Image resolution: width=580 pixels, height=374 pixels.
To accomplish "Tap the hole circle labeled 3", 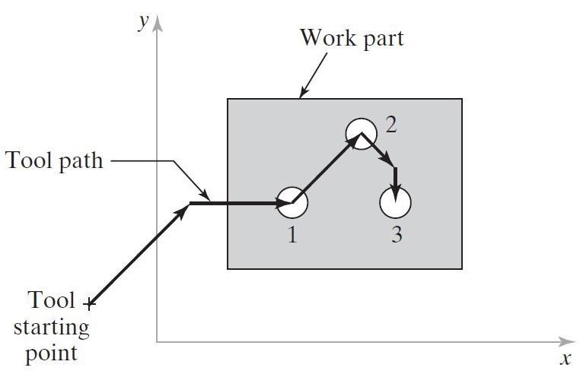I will [395, 202].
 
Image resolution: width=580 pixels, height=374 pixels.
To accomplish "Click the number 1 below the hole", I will [292, 236].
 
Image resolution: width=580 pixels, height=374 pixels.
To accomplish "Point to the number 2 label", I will [390, 125].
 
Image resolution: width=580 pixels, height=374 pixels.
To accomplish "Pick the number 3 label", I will [396, 236].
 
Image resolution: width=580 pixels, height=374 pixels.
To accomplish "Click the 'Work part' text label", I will [351, 37].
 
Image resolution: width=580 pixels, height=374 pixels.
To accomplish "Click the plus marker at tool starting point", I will [90, 305].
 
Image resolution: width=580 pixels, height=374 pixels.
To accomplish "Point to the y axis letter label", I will [142, 22].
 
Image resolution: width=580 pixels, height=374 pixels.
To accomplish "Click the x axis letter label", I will [565, 359].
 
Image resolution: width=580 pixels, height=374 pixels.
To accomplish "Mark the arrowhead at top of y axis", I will [158, 22].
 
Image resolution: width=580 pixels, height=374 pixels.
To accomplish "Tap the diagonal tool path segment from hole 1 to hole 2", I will [323, 170].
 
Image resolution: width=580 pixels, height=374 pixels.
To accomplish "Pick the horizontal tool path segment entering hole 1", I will [236, 203].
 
